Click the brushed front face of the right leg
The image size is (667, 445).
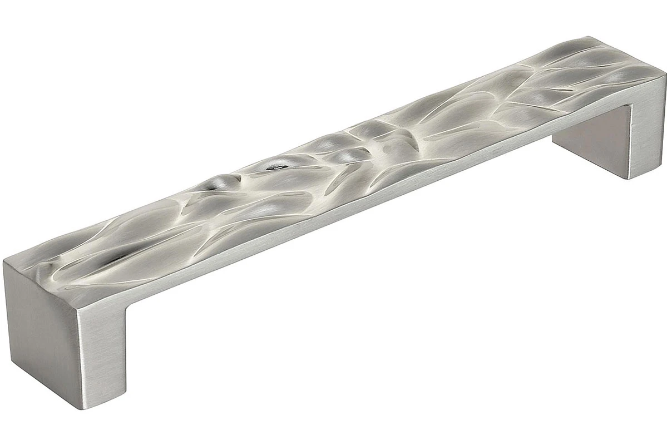pyautogui.click(x=645, y=133)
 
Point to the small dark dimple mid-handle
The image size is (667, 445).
pyautogui.click(x=274, y=165)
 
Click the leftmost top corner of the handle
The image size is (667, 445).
pyautogui.click(x=4, y=261)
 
